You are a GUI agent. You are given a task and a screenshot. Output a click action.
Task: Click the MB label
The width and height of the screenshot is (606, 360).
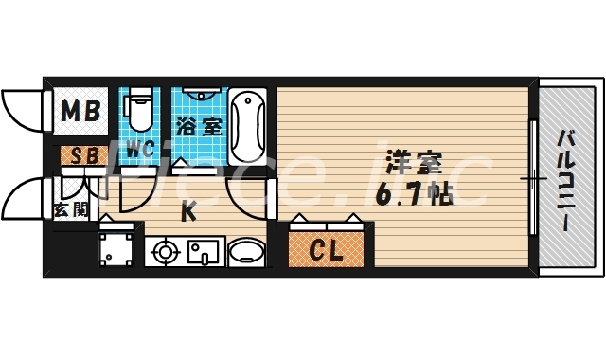[x=80, y=113]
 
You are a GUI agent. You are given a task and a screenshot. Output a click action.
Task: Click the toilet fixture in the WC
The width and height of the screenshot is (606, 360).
[x=139, y=108]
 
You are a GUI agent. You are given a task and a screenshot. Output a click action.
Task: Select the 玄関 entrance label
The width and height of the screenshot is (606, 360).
[x=71, y=209]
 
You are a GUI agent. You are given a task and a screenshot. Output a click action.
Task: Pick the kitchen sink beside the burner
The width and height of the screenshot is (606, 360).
[x=202, y=253]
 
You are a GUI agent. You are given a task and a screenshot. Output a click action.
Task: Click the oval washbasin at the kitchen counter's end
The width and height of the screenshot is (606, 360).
[x=248, y=253]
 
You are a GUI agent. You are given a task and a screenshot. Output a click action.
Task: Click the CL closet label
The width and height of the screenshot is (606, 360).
[x=326, y=251]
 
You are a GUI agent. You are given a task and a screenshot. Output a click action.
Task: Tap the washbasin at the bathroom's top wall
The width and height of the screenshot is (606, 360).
[x=200, y=95]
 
